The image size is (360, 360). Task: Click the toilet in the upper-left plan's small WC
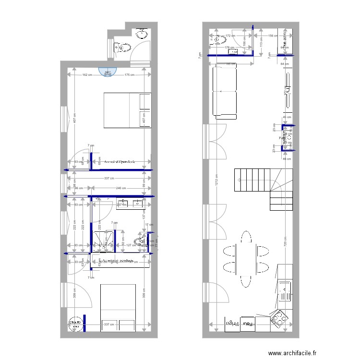click(x=123, y=48)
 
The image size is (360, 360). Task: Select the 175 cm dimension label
click(x=129, y=75)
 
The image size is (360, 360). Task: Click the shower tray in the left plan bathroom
click(x=104, y=240)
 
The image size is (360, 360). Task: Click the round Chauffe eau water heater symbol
click(x=75, y=324)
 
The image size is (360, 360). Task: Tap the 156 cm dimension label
click(x=272, y=36)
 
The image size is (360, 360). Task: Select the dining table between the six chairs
click(x=246, y=259)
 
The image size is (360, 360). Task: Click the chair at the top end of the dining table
click(x=246, y=237)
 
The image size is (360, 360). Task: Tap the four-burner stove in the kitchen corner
click(x=279, y=318)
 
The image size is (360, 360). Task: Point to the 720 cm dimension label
click(x=285, y=244)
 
